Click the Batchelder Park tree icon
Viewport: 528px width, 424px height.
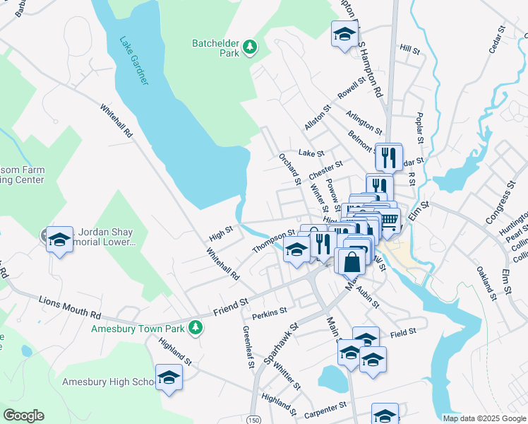click(249, 47)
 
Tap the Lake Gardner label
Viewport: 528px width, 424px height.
click(133, 61)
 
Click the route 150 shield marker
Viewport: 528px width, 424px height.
click(253, 419)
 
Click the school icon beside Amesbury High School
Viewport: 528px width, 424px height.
click(169, 378)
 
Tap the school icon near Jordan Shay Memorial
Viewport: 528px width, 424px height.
click(59, 240)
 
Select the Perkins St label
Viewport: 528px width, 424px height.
click(270, 310)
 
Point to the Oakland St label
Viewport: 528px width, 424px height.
click(486, 280)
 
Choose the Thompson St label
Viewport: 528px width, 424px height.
click(273, 241)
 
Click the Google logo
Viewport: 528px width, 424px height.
click(23, 416)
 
